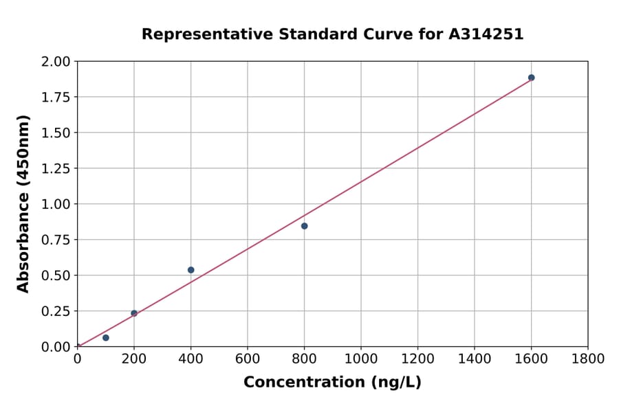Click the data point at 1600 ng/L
pos(531,78)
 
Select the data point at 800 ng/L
pos(304,226)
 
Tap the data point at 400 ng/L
pos(191,270)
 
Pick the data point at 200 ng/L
pos(134,313)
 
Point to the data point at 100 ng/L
pos(105,338)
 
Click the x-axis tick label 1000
pos(360,359)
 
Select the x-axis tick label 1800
pos(587,359)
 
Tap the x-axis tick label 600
pos(248,359)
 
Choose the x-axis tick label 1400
pos(474,359)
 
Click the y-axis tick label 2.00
pos(56,62)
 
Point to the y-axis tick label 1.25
pos(56,168)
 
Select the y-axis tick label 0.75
pos(56,240)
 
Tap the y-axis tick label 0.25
pos(56,311)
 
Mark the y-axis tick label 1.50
pos(56,133)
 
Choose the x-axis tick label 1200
pos(417,359)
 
